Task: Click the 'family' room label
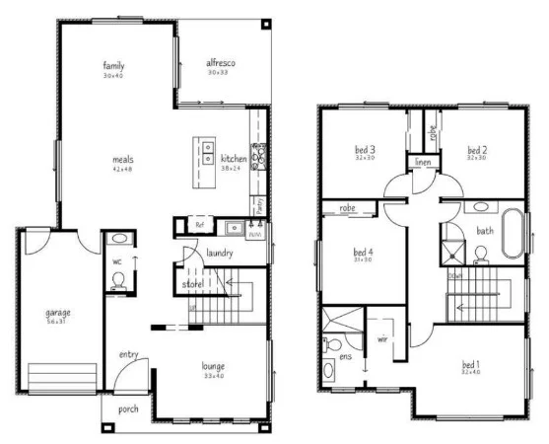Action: tap(113, 66)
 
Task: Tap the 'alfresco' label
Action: tap(221, 63)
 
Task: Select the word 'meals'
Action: tap(122, 159)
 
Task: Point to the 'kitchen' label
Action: tap(234, 159)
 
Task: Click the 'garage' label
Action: tap(58, 313)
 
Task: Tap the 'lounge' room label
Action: tap(214, 365)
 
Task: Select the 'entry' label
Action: tap(128, 354)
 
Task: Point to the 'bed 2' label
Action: tap(478, 149)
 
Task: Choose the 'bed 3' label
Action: tap(365, 149)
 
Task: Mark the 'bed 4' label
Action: tap(363, 252)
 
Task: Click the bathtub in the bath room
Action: tap(512, 232)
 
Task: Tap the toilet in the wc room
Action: tap(118, 280)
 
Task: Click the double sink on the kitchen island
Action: tap(209, 153)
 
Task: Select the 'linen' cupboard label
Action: tap(423, 162)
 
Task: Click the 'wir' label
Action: tap(382, 340)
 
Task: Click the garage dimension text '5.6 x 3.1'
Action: tap(58, 322)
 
